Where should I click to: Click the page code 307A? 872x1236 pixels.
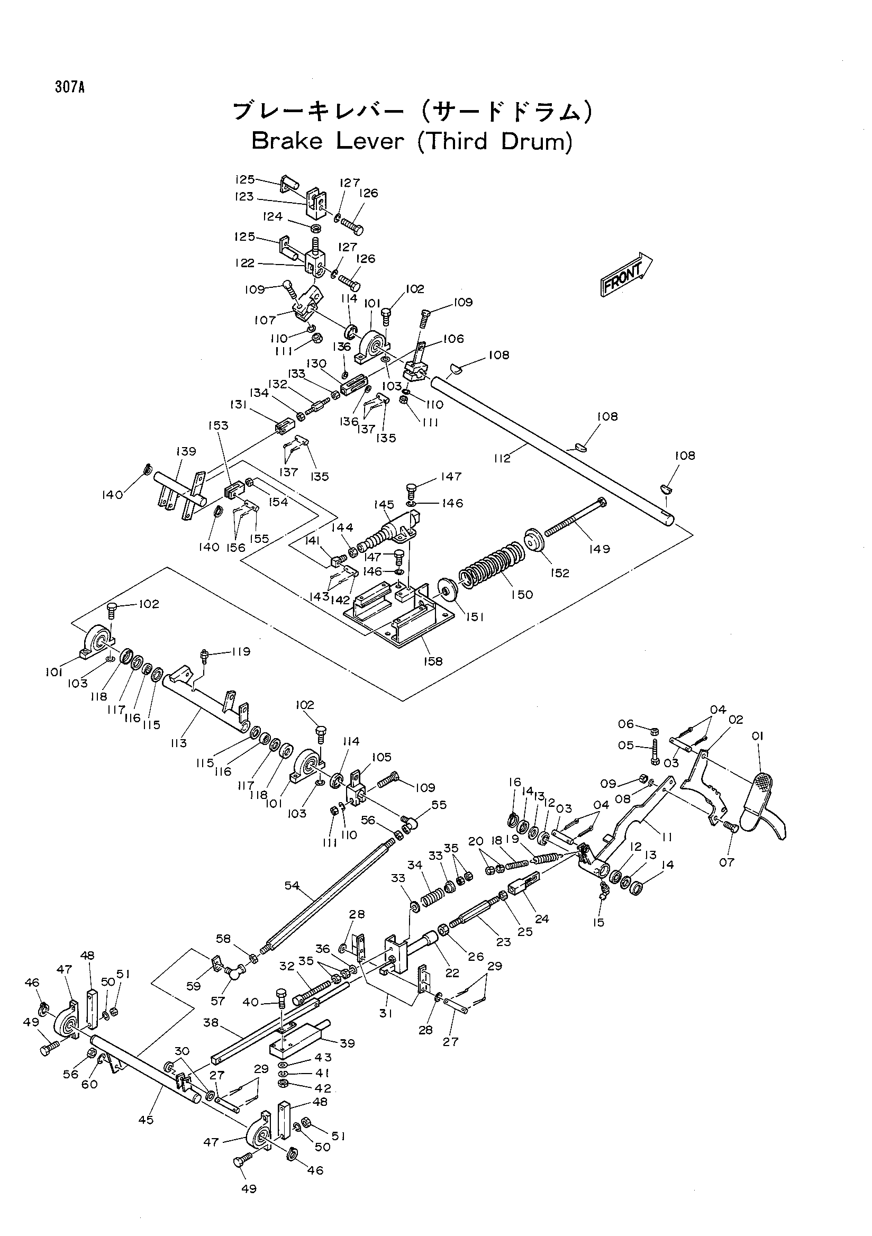(x=69, y=87)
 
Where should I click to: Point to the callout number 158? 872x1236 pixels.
(x=433, y=660)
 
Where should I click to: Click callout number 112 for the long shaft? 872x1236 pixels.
(x=502, y=459)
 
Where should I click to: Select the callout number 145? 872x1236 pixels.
(x=384, y=505)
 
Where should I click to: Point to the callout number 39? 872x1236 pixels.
(x=347, y=1043)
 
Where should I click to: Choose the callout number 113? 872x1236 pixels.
(x=178, y=743)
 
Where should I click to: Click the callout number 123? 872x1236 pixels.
(x=244, y=196)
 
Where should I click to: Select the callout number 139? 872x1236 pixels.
(x=186, y=451)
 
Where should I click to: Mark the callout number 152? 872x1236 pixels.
(x=560, y=574)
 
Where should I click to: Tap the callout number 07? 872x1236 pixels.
(x=726, y=862)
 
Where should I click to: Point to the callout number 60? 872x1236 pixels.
(x=89, y=1084)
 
